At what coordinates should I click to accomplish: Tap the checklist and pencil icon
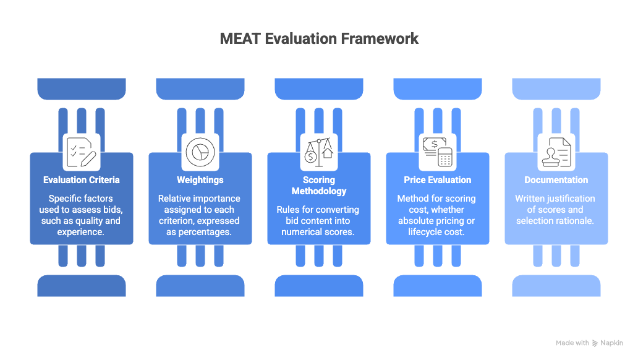tap(82, 152)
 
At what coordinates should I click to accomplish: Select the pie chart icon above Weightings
tap(200, 152)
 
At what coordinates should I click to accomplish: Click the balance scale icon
tap(319, 152)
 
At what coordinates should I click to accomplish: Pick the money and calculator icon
tap(438, 152)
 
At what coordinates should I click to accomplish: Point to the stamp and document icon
tap(556, 152)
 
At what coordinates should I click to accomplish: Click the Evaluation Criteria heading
tap(82, 180)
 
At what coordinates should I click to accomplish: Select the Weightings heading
tap(200, 180)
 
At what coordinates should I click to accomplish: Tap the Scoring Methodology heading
tap(319, 186)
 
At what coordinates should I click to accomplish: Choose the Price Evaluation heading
tap(438, 180)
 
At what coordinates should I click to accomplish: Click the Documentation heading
tap(556, 180)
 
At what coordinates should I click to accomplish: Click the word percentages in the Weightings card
tap(205, 232)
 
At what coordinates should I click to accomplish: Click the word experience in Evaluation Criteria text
tap(80, 232)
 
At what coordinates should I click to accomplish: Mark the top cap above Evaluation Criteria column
tap(82, 89)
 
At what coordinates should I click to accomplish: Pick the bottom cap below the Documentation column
tap(556, 286)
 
